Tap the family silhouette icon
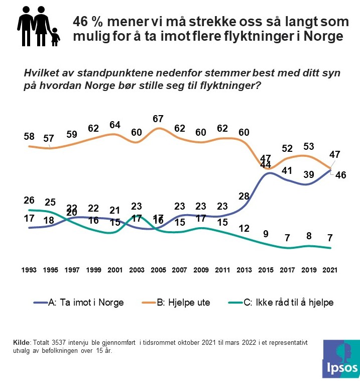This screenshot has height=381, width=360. tap(38, 28)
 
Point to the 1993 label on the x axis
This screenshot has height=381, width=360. tap(29, 269)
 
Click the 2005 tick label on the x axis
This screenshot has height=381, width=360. tap(159, 269)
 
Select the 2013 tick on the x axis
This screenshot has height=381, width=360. tap(245, 269)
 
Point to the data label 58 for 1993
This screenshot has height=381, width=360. tap(30, 137)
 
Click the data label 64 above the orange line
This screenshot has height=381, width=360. tap(115, 125)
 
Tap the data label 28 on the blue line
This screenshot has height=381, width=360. tap(244, 196)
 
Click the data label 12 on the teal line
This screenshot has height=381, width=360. tap(244, 229)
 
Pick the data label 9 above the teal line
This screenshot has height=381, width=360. tap(266, 233)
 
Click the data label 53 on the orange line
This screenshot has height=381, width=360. tap(309, 146)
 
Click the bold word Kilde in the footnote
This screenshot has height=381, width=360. tap(22, 342)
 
